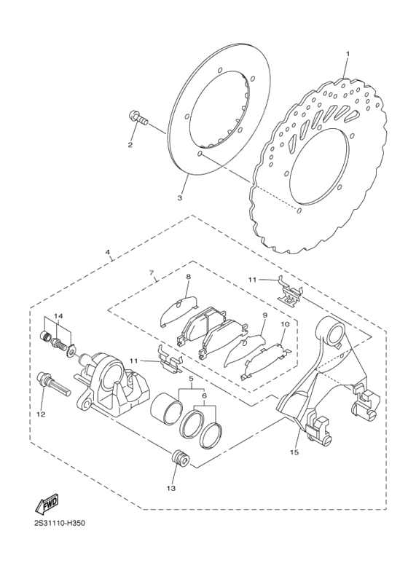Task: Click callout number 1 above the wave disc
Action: [x=348, y=54]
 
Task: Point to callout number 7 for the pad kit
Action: [x=151, y=274]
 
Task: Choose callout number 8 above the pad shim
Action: [x=187, y=277]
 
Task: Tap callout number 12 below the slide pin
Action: [x=41, y=414]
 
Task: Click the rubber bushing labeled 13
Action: [x=179, y=460]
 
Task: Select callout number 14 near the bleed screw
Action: [x=58, y=316]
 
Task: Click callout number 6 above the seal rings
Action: [x=204, y=395]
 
